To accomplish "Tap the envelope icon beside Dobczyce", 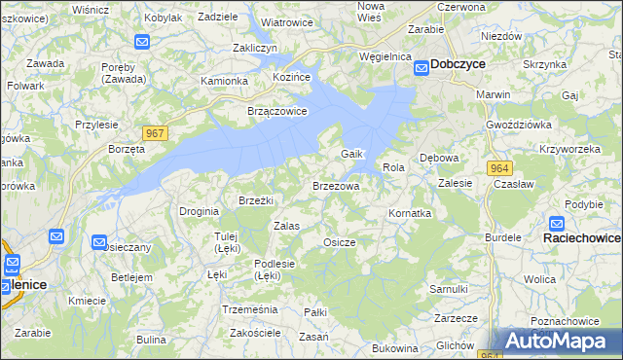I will pyautogui.click(x=421, y=67).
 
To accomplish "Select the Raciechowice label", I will pyautogui.click(x=582, y=237).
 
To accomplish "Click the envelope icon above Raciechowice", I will pyautogui.click(x=556, y=223).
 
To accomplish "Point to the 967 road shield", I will pyautogui.click(x=154, y=132).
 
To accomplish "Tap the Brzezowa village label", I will pyautogui.click(x=336, y=185).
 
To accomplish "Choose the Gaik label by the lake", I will pyautogui.click(x=351, y=155).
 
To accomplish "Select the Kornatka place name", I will pyautogui.click(x=409, y=212).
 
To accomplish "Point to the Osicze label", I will pyautogui.click(x=339, y=241).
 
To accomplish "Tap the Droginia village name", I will pyautogui.click(x=199, y=210).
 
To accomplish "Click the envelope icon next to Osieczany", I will pyautogui.click(x=99, y=242).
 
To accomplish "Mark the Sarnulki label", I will pyautogui.click(x=449, y=289).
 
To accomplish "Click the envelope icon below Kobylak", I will pyautogui.click(x=141, y=42).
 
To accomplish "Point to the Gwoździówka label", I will pyautogui.click(x=519, y=126).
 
